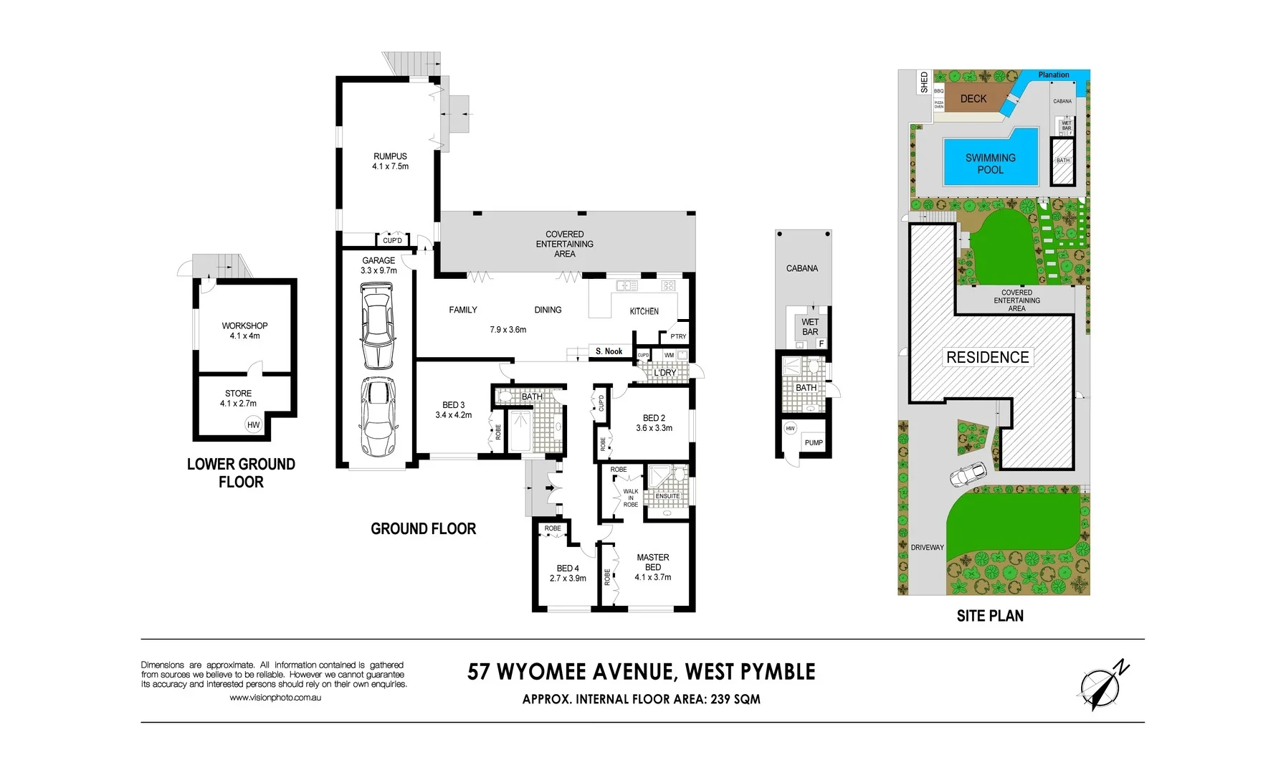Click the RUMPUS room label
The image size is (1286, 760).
pos(390,156)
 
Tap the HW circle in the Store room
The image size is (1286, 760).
pos(253,424)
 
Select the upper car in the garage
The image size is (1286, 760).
pos(378,325)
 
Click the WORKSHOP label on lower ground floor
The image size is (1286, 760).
pos(244,326)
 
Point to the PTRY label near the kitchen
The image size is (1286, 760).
pos(677,336)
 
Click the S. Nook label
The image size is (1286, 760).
pos(609,351)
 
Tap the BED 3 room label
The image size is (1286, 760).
pos(453,405)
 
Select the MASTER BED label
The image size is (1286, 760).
pos(652,562)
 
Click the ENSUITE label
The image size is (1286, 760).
pos(667,496)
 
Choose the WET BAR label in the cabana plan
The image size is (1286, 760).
pos(810,327)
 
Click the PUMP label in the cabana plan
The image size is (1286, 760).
pos(814,442)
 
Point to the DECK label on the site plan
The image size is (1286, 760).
pos(973,99)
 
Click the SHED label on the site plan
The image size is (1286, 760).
pos(924,82)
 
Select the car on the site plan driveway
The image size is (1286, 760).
pos(968,475)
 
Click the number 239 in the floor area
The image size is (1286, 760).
pos(720,699)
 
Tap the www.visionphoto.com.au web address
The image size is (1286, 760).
pos(275,698)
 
